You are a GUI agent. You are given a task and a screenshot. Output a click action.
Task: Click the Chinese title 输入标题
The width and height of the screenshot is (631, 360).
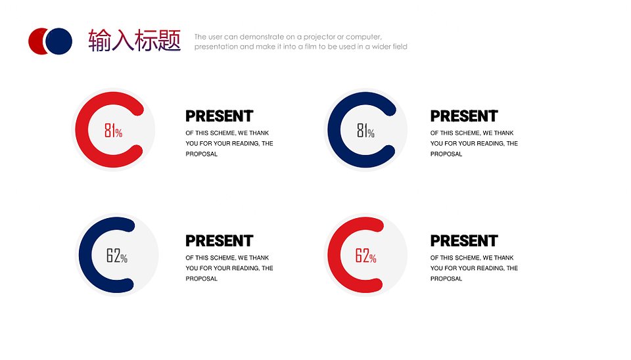click(x=134, y=40)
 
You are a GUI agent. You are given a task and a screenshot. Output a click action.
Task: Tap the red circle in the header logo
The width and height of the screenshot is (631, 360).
click(x=36, y=41)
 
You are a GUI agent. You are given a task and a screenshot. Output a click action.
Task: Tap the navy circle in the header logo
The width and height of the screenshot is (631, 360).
click(x=58, y=41)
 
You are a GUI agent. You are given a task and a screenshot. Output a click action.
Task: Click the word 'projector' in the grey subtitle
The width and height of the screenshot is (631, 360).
click(x=319, y=37)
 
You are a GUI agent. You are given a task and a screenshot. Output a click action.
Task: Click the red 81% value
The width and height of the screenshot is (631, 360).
click(x=113, y=130)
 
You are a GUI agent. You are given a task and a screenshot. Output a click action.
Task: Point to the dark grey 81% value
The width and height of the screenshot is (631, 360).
click(x=365, y=130)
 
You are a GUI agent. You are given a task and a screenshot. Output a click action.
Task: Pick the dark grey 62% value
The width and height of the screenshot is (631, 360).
click(x=117, y=256)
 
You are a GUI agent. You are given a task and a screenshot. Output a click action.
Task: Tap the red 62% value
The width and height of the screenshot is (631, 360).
click(x=365, y=256)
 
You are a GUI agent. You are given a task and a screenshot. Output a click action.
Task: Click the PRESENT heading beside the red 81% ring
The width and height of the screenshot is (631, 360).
click(x=220, y=116)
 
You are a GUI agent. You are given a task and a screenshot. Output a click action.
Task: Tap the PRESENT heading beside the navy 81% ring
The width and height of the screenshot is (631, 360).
click(x=464, y=116)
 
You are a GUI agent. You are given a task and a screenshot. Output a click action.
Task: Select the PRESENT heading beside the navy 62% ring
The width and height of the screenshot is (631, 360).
click(x=220, y=241)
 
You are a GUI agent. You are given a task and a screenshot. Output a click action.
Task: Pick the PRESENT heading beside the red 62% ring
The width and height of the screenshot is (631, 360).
click(x=464, y=241)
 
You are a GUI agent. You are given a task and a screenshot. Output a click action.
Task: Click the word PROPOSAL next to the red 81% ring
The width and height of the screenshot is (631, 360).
click(x=201, y=154)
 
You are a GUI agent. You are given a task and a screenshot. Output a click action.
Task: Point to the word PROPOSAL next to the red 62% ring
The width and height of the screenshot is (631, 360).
click(x=446, y=279)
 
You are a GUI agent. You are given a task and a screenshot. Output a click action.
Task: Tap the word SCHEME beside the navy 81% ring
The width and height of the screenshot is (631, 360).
click(x=467, y=133)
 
